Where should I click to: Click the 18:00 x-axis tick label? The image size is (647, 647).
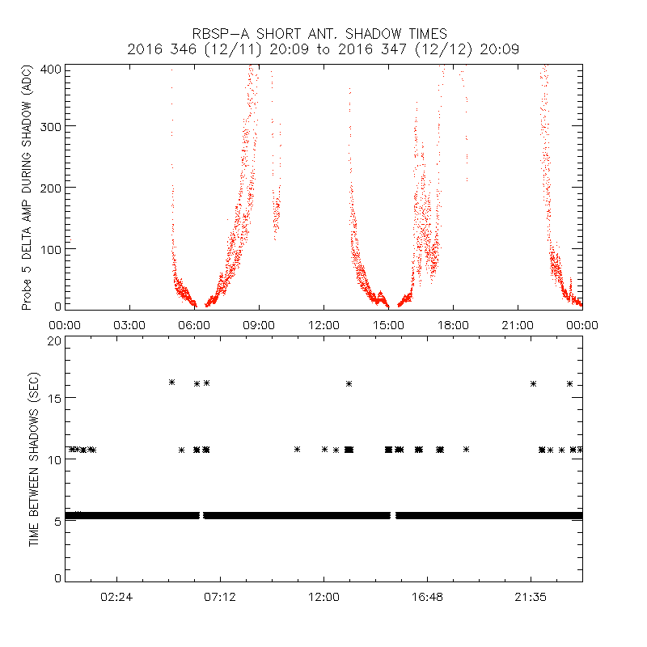tap(453, 324)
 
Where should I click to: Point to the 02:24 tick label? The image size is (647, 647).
tap(116, 598)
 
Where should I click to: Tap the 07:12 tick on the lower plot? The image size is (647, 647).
tap(220, 598)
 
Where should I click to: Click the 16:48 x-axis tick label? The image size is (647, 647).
tap(427, 598)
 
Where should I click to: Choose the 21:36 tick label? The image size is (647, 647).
tap(531, 598)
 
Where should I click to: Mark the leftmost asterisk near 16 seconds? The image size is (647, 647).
tap(171, 382)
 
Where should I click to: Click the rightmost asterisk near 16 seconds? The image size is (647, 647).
tap(570, 383)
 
